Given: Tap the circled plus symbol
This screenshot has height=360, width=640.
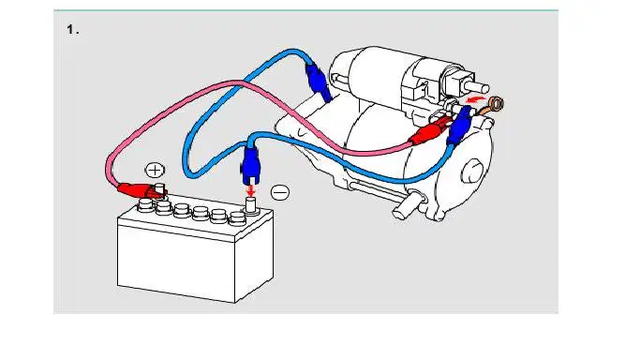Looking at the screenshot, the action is [x=155, y=171].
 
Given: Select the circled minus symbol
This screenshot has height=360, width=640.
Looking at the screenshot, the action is [x=280, y=192].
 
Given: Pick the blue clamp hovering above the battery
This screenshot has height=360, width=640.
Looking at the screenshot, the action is [x=250, y=165].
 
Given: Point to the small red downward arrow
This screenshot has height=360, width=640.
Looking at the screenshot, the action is [x=250, y=190].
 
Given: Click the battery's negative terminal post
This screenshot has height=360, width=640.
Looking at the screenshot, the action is [x=250, y=205].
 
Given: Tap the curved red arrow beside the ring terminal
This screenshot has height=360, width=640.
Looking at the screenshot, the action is [x=475, y=99].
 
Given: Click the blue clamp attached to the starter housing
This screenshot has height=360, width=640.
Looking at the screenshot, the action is [x=318, y=82].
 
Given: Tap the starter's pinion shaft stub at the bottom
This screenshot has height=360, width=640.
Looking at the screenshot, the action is [x=406, y=206].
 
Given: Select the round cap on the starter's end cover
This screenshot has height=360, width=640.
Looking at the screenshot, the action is [x=473, y=172].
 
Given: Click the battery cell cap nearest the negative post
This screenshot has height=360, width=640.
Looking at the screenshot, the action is [x=236, y=218].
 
